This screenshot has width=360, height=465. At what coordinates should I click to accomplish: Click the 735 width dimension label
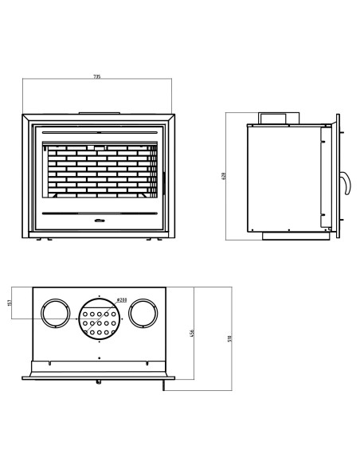pyautogui.click(x=97, y=76)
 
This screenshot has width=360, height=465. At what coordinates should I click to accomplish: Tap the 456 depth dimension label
pyautogui.click(x=192, y=332)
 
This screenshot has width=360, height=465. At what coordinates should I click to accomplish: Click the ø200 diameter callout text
pyautogui.click(x=120, y=299)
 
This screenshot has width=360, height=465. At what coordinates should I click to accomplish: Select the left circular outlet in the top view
pyautogui.click(x=55, y=314)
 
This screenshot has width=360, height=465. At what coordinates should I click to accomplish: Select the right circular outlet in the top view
pyautogui.click(x=143, y=314)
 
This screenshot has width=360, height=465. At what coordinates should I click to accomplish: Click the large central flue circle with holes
pyautogui.click(x=100, y=322)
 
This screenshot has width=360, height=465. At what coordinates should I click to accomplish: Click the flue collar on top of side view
pyautogui.click(x=276, y=119)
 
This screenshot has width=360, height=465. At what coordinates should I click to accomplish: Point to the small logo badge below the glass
pyautogui.click(x=98, y=220)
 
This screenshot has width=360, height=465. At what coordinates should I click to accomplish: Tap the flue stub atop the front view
pyautogui.click(x=98, y=111)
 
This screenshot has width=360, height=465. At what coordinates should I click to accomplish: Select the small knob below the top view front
pyautogui.click(x=99, y=381)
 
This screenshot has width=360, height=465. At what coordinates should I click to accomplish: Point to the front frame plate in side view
pyautogui.click(x=338, y=176)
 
